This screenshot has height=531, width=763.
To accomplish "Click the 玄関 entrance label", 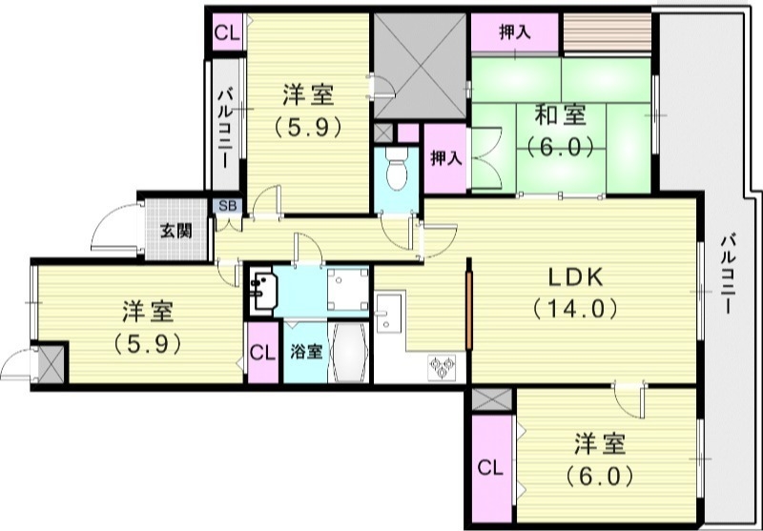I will coord(173,230).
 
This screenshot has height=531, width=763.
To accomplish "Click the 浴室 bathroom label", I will coord(305,351).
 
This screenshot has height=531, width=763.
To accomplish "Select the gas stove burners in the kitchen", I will coord(443,366).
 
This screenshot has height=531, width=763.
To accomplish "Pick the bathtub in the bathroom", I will coord(349,353).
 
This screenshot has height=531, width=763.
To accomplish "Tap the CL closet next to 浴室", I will coord(261,352).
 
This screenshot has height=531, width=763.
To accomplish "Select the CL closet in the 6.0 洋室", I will coord(489,468).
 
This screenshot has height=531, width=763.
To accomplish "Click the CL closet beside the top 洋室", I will coord(227,32).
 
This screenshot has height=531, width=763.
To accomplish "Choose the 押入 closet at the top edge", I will coord(515,32).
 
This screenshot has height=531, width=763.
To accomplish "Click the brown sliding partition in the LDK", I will coord(468,313).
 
